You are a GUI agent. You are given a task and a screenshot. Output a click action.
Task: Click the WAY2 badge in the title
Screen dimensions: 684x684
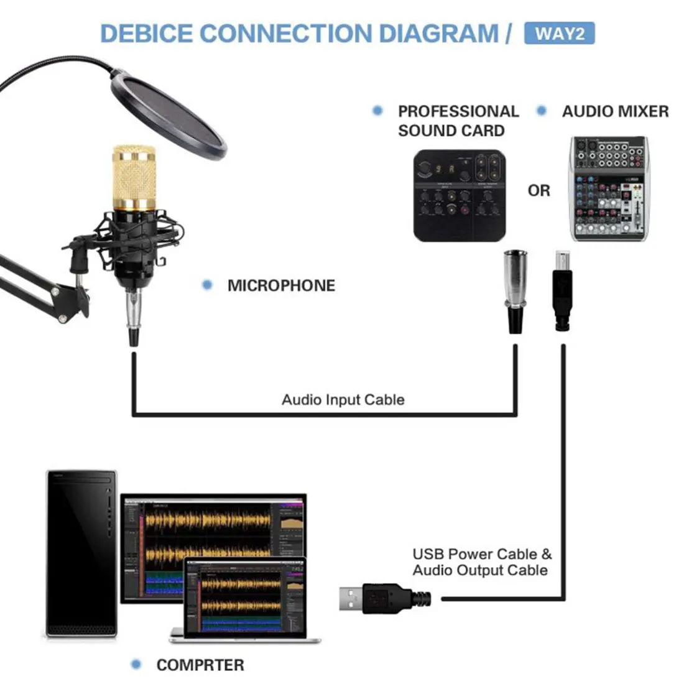[559, 33]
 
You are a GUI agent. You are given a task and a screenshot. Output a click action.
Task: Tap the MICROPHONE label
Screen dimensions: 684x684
[281, 285]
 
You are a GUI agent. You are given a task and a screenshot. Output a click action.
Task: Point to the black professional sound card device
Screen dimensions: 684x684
[460, 195]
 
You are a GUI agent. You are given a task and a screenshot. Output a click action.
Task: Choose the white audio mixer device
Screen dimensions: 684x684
[609, 188]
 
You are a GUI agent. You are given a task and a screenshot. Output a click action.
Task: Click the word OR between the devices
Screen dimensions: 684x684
[538, 190]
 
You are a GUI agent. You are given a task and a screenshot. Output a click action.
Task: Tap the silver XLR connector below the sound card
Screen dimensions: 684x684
[515, 289]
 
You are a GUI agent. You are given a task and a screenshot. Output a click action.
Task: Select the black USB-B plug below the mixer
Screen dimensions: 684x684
[562, 292]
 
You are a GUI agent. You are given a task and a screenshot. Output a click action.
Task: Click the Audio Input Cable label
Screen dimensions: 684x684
[343, 399]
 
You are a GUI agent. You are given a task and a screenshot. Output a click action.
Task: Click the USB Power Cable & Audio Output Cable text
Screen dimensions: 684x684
[481, 562]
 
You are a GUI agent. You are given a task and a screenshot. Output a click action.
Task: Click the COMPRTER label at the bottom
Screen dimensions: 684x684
[200, 665]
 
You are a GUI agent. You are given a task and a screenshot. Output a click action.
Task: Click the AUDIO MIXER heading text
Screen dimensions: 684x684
[615, 111]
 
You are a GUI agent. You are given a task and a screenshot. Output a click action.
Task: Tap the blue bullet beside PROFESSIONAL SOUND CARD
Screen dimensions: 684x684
[377, 111]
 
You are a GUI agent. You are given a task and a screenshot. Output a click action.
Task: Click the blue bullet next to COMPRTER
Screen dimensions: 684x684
[136, 665]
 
